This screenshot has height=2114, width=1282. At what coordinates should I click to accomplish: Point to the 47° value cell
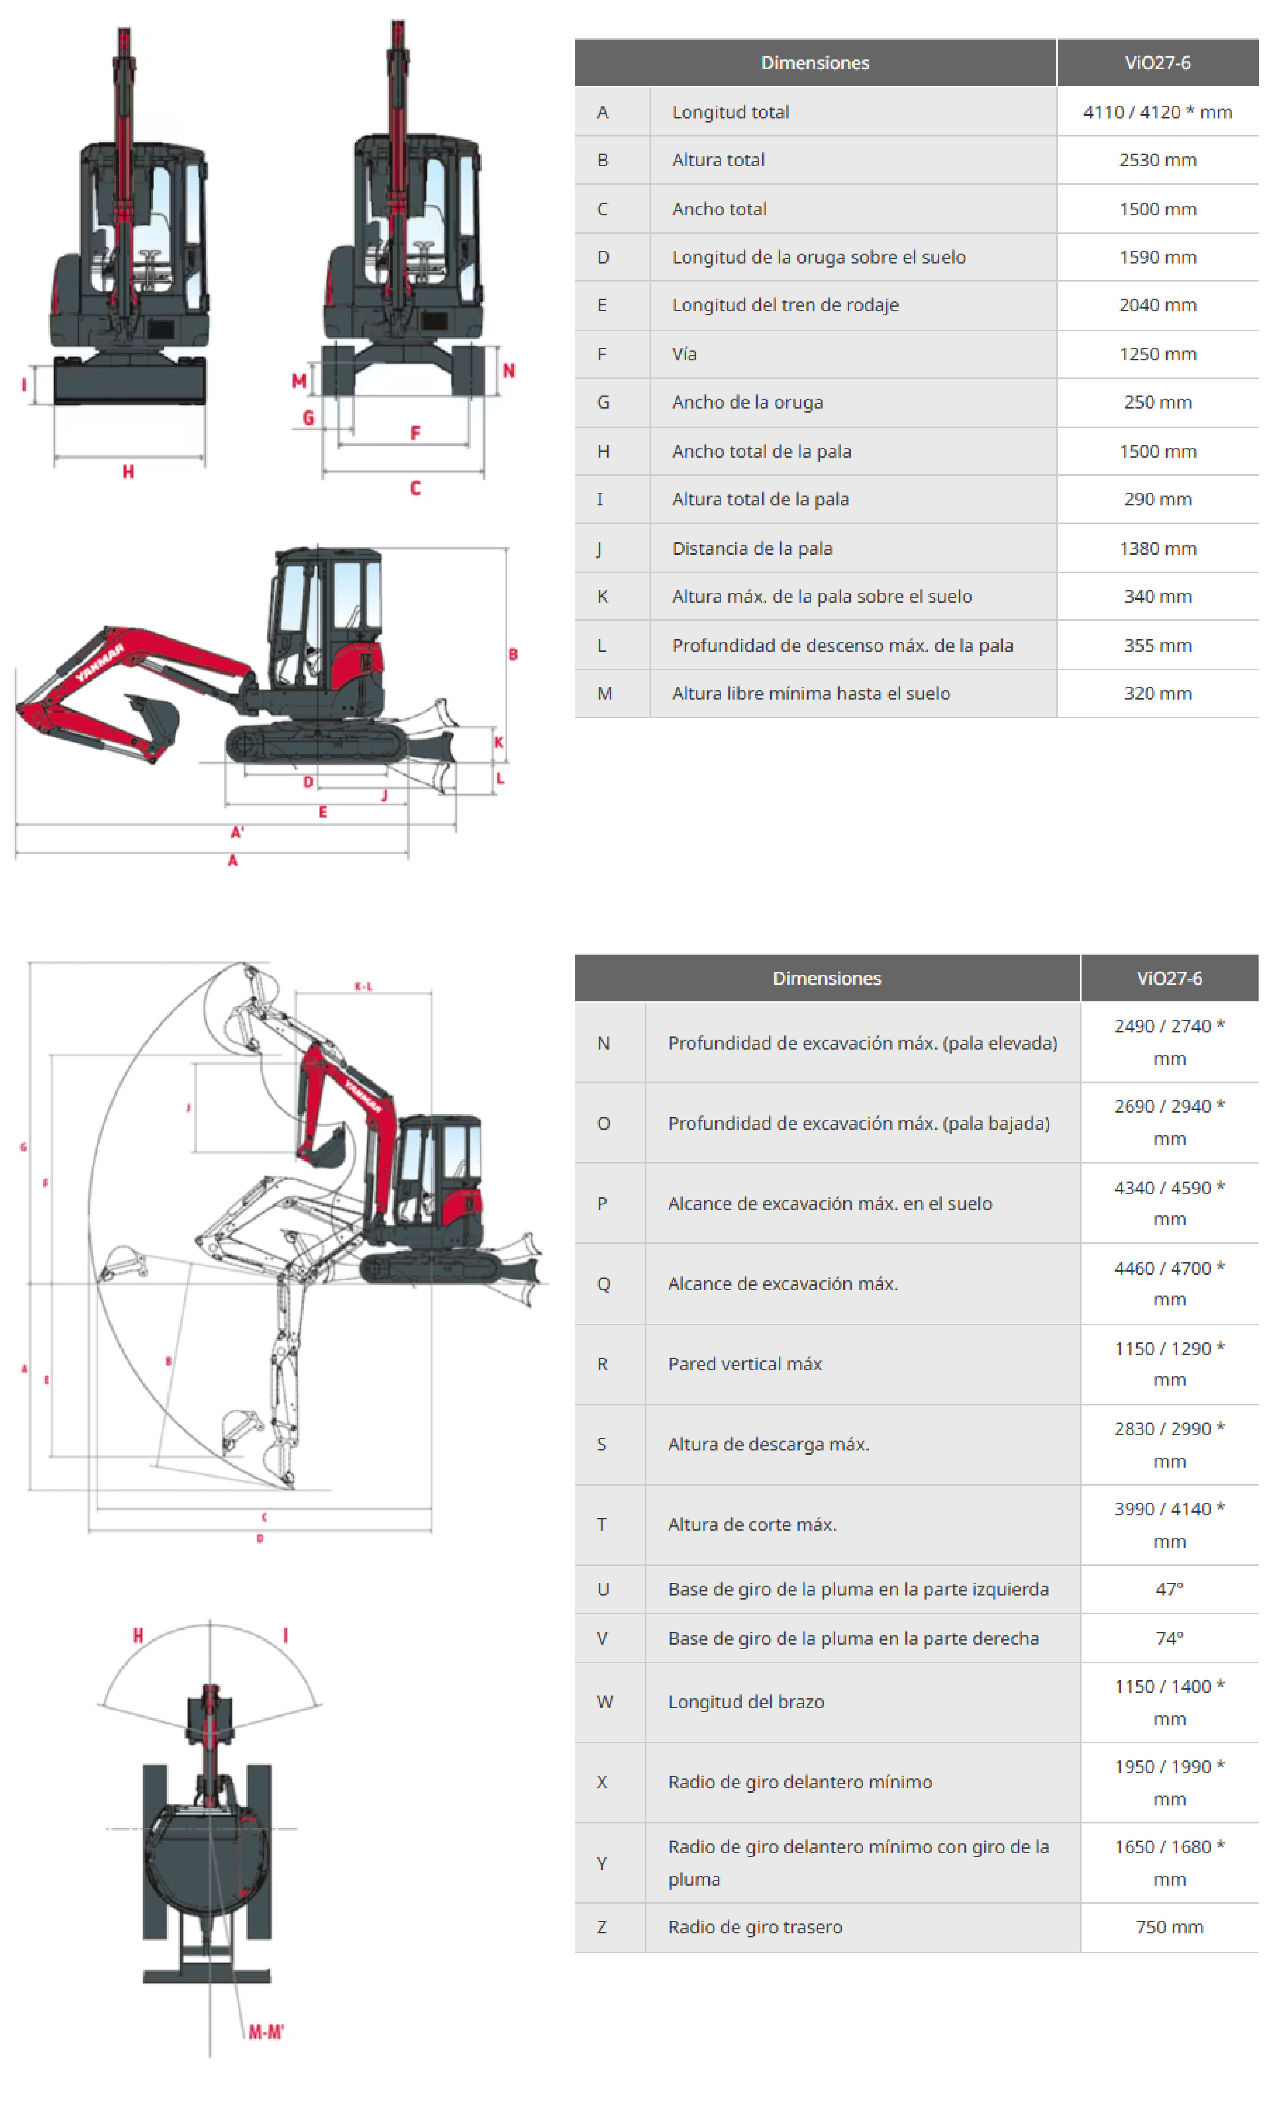pos(1169,1589)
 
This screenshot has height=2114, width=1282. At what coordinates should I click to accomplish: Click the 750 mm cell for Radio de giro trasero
pos(1169,1927)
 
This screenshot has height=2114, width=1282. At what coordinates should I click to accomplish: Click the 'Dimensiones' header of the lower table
pos(826,978)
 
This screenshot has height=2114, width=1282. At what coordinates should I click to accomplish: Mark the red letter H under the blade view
pos(128,471)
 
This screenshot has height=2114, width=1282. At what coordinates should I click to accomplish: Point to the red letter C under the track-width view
pos(415,488)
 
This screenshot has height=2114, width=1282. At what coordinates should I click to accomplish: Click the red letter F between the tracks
pos(415,433)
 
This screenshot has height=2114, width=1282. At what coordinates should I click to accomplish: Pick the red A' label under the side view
pos(238,832)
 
